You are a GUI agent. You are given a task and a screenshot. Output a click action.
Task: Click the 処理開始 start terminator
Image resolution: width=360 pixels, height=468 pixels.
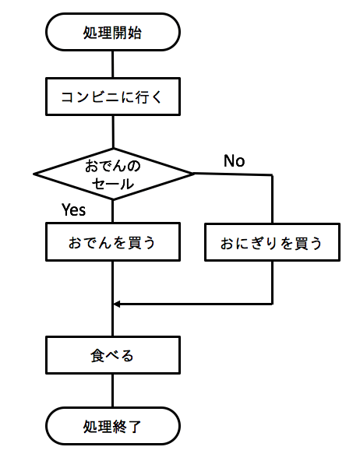tap(113, 33)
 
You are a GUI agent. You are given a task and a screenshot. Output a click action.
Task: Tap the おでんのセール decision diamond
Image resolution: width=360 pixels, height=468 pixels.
tap(113, 173)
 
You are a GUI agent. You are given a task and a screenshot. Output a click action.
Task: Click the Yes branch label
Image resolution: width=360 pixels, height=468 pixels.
tap(73, 209)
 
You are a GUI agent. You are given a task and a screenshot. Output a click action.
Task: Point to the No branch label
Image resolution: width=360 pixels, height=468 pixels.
tap(234, 161)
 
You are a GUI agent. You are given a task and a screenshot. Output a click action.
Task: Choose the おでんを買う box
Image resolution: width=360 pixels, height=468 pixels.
tap(113, 242)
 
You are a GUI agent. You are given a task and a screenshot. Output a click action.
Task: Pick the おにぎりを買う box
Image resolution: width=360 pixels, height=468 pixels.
tap(273, 242)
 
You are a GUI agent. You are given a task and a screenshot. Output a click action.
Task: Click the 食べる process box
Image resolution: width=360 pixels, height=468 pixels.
tap(113, 356)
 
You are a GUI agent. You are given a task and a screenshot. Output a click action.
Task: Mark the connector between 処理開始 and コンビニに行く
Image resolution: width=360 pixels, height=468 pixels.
tap(113, 63)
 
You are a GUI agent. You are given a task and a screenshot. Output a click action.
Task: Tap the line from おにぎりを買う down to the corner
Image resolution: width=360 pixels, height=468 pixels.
tap(273, 282)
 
